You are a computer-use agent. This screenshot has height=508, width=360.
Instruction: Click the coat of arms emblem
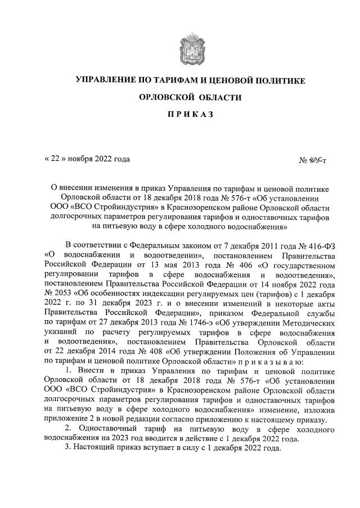pyautogui.click(x=191, y=48)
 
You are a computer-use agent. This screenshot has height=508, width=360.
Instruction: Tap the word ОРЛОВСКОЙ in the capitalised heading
pyautogui.click(x=169, y=97)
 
